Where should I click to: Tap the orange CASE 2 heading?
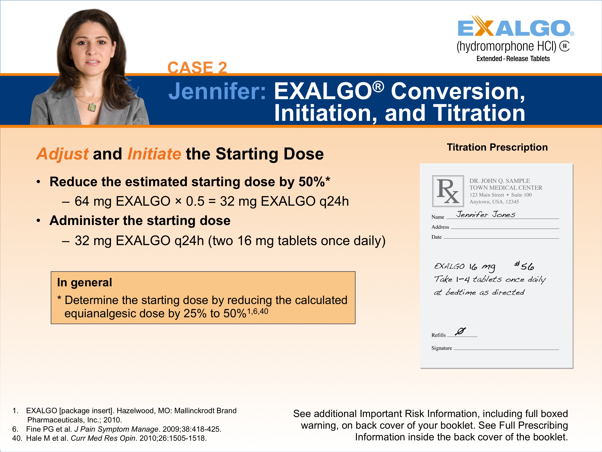point(197,67)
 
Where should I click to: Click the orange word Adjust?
point(63,154)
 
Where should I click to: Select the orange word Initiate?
point(154,154)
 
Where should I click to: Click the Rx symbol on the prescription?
point(448,191)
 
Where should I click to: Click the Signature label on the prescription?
point(441,348)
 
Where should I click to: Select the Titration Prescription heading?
point(497,147)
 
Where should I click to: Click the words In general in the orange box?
point(84,282)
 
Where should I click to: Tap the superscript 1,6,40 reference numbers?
point(257,311)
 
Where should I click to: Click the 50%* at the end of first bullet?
point(314,182)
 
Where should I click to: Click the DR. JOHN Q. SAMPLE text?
point(499,181)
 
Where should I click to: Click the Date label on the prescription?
point(436,237)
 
